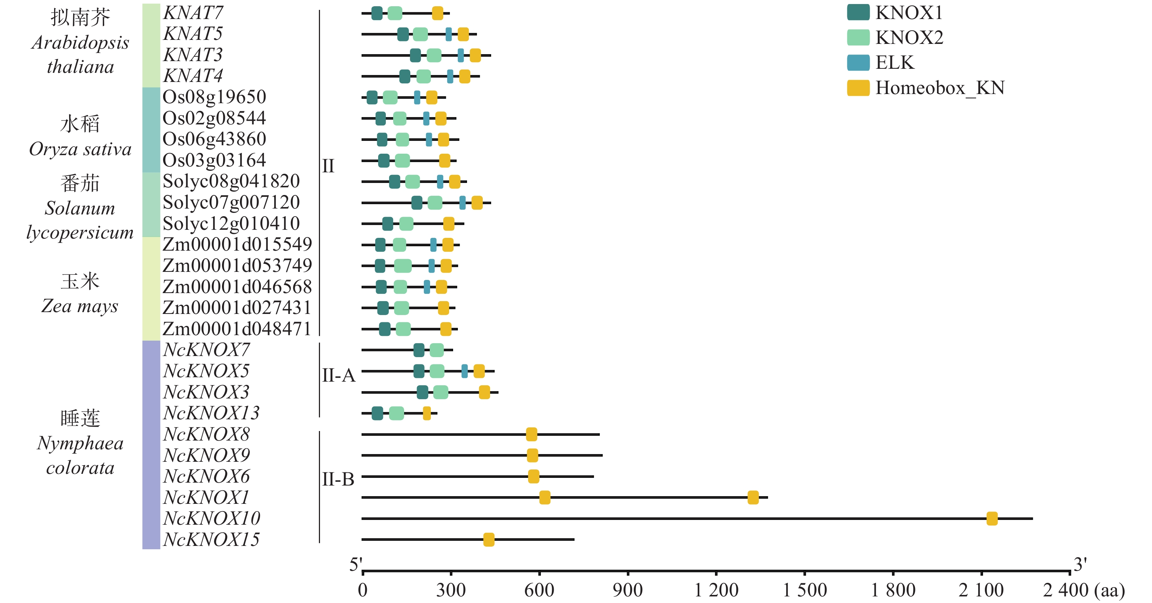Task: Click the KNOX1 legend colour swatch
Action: click(x=858, y=12)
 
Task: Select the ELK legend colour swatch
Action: click(x=858, y=63)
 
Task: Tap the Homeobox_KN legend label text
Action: click(x=940, y=88)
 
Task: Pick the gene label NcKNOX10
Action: click(x=211, y=518)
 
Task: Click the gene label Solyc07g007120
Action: click(x=231, y=202)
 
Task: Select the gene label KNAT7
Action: click(x=193, y=12)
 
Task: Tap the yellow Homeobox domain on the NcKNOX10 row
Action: click(x=992, y=518)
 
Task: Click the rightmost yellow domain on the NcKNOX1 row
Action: click(x=753, y=497)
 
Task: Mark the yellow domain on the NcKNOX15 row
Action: click(x=489, y=539)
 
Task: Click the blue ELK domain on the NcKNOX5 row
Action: click(x=465, y=371)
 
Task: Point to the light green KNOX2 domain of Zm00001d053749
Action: click(x=403, y=266)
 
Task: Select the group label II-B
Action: click(x=338, y=479)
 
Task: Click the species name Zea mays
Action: click(x=80, y=306)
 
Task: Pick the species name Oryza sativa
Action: click(x=80, y=149)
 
